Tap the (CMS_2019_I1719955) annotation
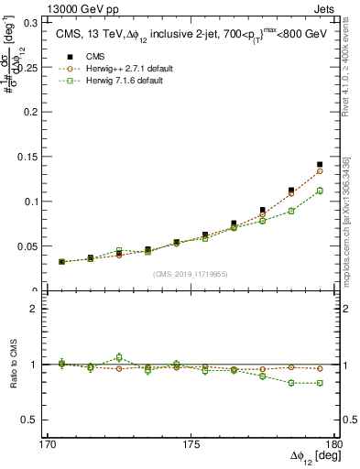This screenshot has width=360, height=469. coord(191,274)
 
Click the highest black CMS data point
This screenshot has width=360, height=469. coord(320,165)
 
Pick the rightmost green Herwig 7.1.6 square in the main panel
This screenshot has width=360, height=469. coord(320,191)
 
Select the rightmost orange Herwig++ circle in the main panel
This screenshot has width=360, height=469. coord(320,171)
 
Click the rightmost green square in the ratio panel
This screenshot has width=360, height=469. coord(320,383)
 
